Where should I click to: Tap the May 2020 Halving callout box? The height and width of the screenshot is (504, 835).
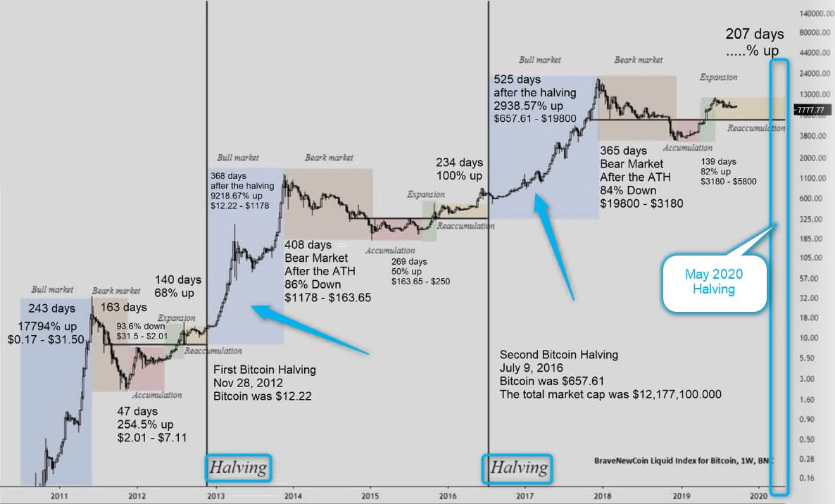[714, 282]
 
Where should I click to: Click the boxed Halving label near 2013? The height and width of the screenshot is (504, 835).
[238, 467]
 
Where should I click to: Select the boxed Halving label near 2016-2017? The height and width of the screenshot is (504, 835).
[518, 467]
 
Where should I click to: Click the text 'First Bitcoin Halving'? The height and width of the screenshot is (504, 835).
[264, 370]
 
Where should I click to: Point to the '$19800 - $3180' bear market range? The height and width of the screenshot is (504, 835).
[641, 203]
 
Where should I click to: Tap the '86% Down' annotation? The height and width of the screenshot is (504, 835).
[313, 284]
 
